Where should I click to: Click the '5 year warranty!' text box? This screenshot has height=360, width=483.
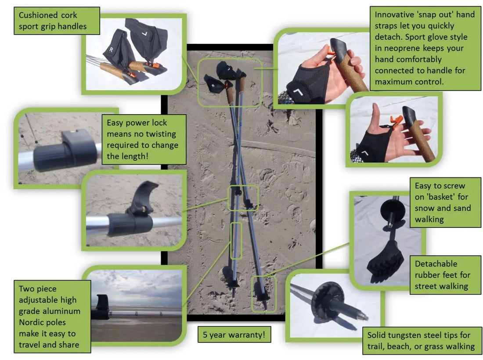click(x=234, y=335)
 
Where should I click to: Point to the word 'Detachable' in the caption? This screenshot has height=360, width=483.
click(x=436, y=264)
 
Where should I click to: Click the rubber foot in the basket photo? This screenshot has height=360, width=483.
click(x=385, y=262)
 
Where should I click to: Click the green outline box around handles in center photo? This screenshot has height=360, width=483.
click(x=229, y=83)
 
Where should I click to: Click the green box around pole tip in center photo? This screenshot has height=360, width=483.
click(x=263, y=294)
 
